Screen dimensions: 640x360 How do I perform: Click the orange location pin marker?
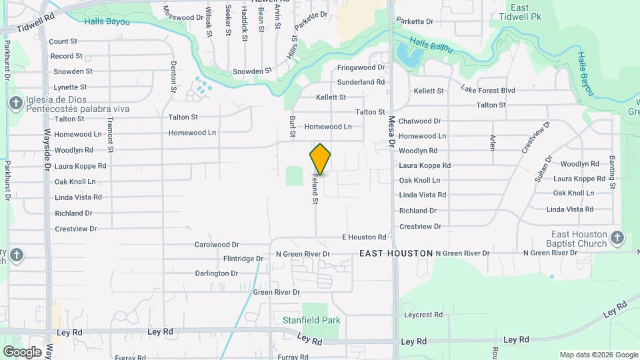[x=320, y=159]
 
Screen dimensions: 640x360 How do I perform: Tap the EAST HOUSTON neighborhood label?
[x=396, y=253]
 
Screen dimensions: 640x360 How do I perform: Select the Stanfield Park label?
[x=311, y=320]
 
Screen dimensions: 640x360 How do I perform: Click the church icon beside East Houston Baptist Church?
[x=617, y=238]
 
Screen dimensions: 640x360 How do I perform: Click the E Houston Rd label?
[x=364, y=237]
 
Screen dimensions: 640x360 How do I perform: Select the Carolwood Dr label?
[x=216, y=245]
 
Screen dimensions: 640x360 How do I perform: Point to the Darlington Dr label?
[x=217, y=273]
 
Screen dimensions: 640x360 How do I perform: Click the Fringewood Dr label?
[x=361, y=67]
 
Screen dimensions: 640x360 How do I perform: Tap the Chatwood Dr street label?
[x=419, y=121]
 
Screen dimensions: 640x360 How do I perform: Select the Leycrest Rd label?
[x=423, y=314]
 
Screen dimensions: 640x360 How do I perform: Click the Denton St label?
[x=173, y=76]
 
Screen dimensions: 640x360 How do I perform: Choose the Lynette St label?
[x=70, y=87]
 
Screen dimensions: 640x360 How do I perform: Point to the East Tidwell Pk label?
[x=520, y=13]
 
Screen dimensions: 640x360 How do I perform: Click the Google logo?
[x=22, y=351]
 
